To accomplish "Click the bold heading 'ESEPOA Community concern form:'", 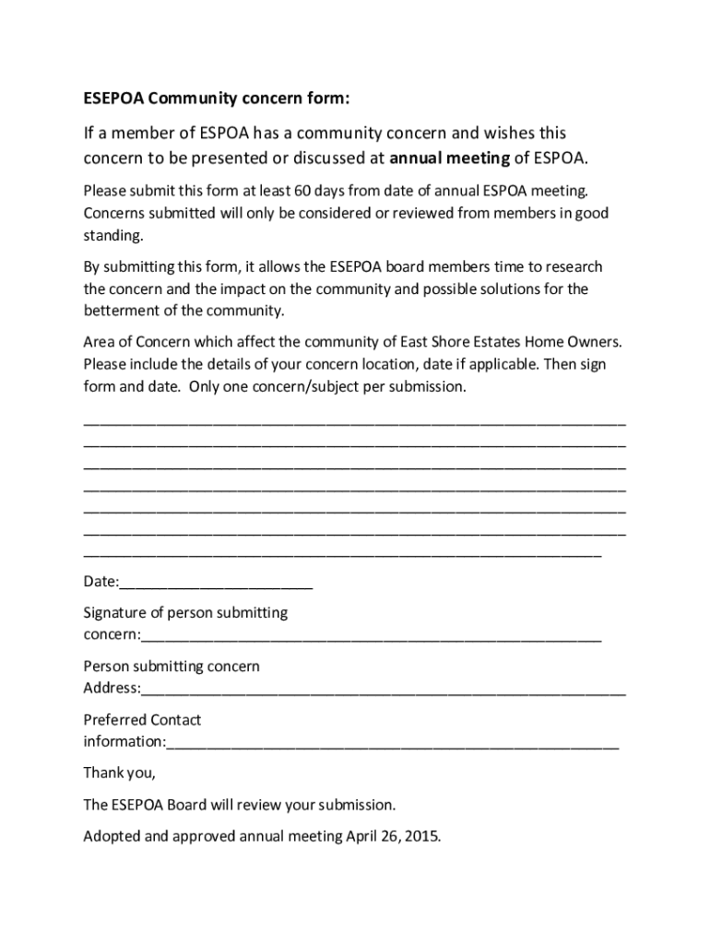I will (217, 99).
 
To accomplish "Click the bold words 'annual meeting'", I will (449, 158).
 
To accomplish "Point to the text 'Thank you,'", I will (120, 773).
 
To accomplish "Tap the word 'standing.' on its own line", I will (113, 235).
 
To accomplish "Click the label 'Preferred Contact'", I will (142, 719).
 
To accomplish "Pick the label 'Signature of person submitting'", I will (185, 612).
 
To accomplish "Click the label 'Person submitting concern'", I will (172, 666).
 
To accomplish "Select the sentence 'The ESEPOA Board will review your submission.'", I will (239, 805).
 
